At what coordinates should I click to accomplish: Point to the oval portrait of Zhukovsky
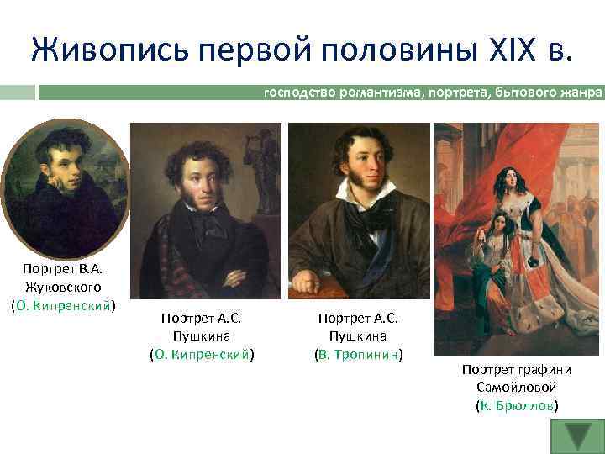[65, 188]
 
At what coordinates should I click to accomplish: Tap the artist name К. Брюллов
[516, 405]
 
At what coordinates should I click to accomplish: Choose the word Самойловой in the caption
[516, 388]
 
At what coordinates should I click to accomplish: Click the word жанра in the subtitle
[584, 92]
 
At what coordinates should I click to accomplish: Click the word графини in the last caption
[539, 370]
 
